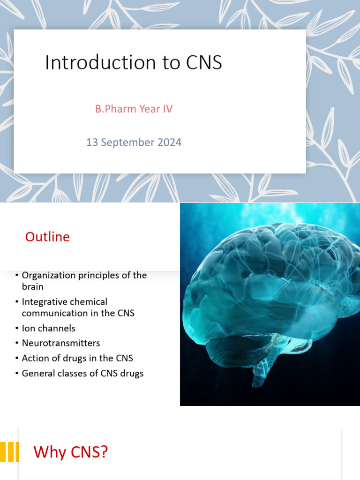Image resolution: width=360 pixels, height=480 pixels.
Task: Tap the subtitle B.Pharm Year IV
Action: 134,109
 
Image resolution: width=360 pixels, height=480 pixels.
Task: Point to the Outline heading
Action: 47,237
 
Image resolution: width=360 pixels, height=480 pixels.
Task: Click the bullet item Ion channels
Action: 48,328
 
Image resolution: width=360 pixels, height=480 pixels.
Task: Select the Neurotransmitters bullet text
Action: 61,343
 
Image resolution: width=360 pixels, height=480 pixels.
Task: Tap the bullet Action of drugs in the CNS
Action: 77,358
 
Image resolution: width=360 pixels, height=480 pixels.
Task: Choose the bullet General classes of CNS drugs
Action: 82,373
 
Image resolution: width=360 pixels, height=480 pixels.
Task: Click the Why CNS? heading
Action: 71,452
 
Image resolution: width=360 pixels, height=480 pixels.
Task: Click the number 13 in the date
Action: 92,142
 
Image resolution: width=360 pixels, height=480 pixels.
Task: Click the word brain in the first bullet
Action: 32,286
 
